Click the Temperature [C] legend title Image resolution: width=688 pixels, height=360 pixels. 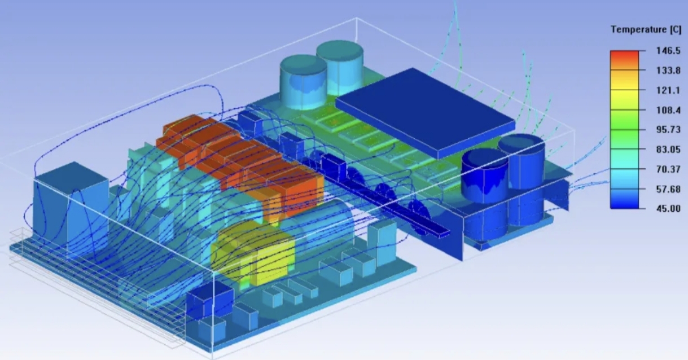(x=646, y=30)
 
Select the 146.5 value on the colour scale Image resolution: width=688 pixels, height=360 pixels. (x=668, y=51)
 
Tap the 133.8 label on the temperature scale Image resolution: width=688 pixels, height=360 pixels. (x=668, y=71)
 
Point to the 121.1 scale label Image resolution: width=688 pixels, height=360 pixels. (x=668, y=90)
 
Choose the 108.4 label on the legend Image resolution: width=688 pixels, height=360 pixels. (x=668, y=110)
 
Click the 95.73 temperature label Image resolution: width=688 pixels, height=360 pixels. (x=668, y=130)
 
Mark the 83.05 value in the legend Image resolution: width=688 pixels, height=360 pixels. (x=668, y=150)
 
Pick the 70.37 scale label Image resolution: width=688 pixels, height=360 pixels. (x=668, y=169)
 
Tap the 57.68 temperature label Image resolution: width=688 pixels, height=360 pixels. (x=668, y=189)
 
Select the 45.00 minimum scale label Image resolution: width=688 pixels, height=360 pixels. (x=668, y=209)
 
